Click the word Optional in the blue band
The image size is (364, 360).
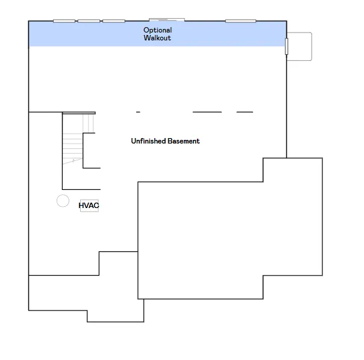click(157, 30)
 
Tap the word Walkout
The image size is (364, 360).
click(157, 38)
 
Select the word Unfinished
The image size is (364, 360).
click(148, 141)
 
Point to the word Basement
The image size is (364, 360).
click(184, 141)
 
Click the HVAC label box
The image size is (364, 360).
click(89, 206)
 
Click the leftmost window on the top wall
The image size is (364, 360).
click(64, 21)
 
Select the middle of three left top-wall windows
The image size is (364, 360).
click(89, 21)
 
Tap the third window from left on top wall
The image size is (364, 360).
click(114, 21)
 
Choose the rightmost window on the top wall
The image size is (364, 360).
click(240, 21)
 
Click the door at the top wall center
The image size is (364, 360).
click(167, 20)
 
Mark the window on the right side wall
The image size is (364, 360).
click(286, 46)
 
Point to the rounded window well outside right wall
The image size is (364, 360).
click(312, 46)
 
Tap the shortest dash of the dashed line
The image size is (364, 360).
click(138, 112)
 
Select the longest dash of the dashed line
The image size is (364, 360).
click(207, 112)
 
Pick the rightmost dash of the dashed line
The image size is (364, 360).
click(245, 112)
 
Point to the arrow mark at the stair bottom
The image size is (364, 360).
click(73, 161)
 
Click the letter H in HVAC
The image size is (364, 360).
click(81, 206)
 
